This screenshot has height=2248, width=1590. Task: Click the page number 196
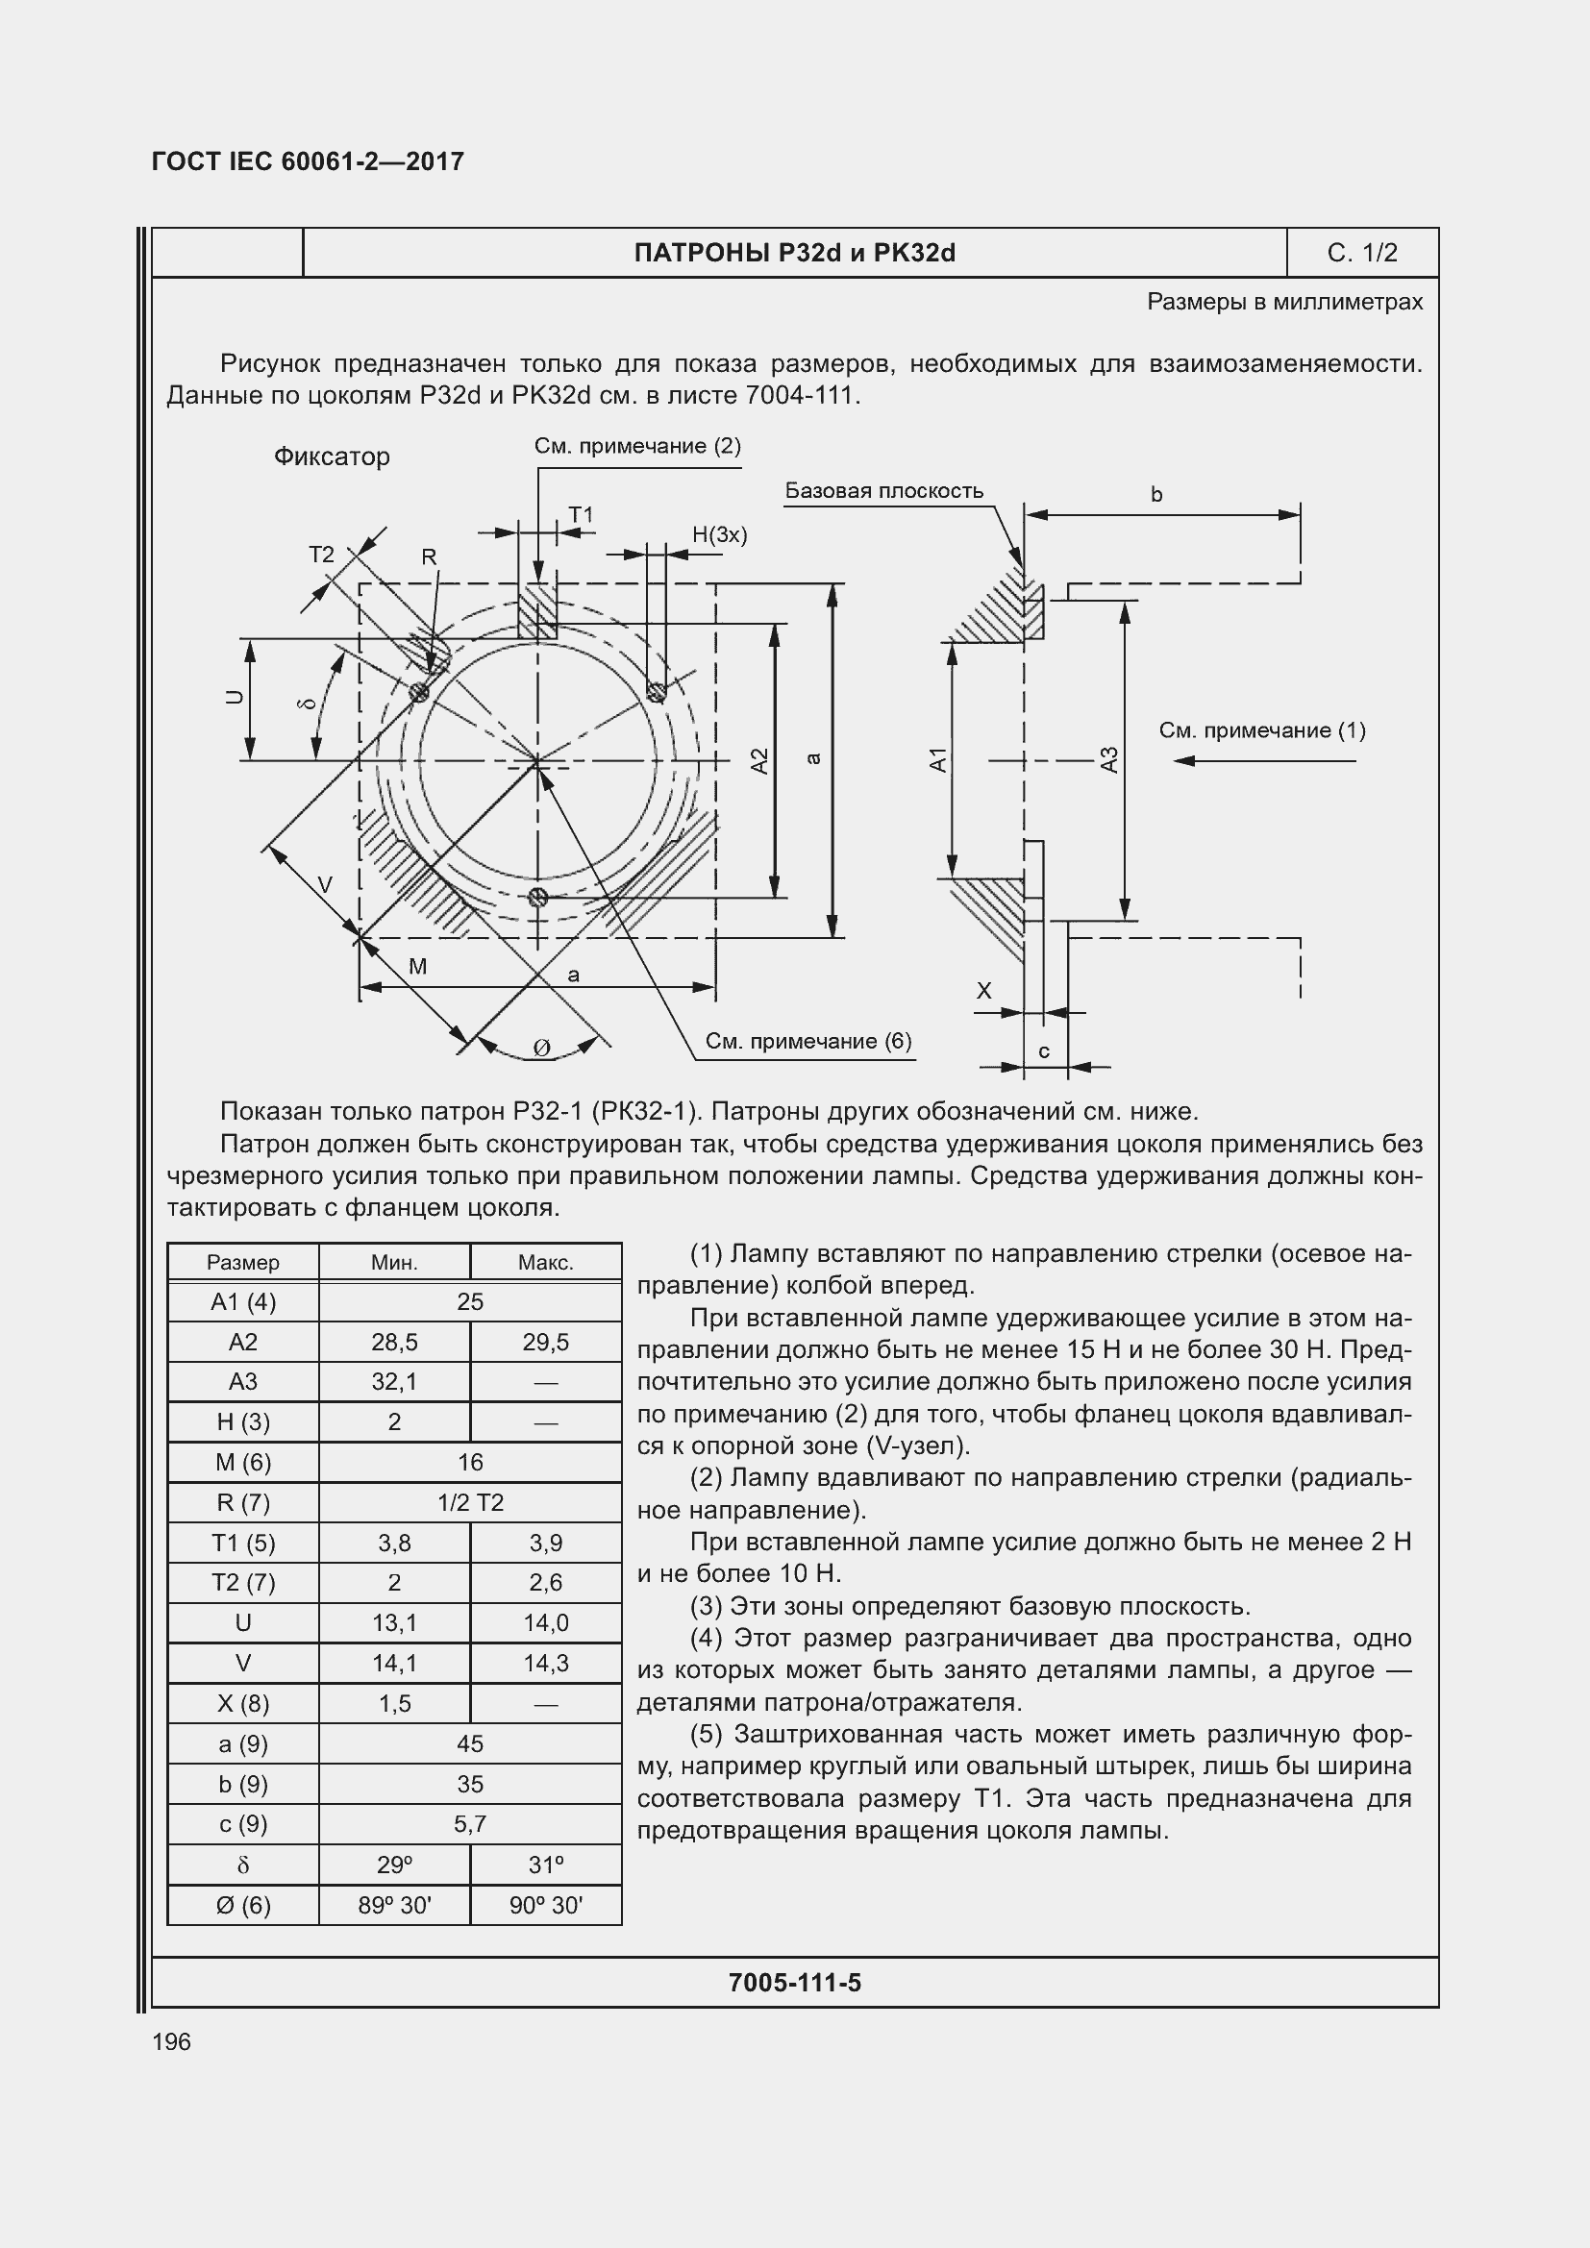coord(171,2041)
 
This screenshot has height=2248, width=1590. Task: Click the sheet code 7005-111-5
coord(794,1983)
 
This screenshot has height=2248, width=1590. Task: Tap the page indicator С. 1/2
coord(1362,253)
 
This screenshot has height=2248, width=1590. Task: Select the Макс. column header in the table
coord(545,1263)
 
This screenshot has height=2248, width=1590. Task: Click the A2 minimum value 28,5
coord(393,1343)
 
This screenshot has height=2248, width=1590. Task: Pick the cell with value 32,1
coord(393,1381)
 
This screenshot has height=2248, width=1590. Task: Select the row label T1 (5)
coord(243,1544)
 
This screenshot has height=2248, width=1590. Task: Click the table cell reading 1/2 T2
coord(470,1503)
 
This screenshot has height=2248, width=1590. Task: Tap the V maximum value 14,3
coord(545,1664)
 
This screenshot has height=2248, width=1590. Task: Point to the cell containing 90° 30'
coord(545,1905)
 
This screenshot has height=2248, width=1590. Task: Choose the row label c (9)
coord(243,1824)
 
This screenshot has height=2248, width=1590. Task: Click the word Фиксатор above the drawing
coord(331,457)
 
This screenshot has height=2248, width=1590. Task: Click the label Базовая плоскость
coord(883,490)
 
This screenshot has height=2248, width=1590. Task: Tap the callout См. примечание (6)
coord(807,1041)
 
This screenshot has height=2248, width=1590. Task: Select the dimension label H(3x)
coord(719,534)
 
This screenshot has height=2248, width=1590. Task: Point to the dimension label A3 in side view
coord(1109,759)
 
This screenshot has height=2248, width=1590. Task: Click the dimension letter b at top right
coord(1156,494)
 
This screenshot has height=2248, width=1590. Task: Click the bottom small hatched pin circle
coord(536,897)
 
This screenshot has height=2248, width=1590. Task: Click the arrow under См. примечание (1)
coord(1263,761)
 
